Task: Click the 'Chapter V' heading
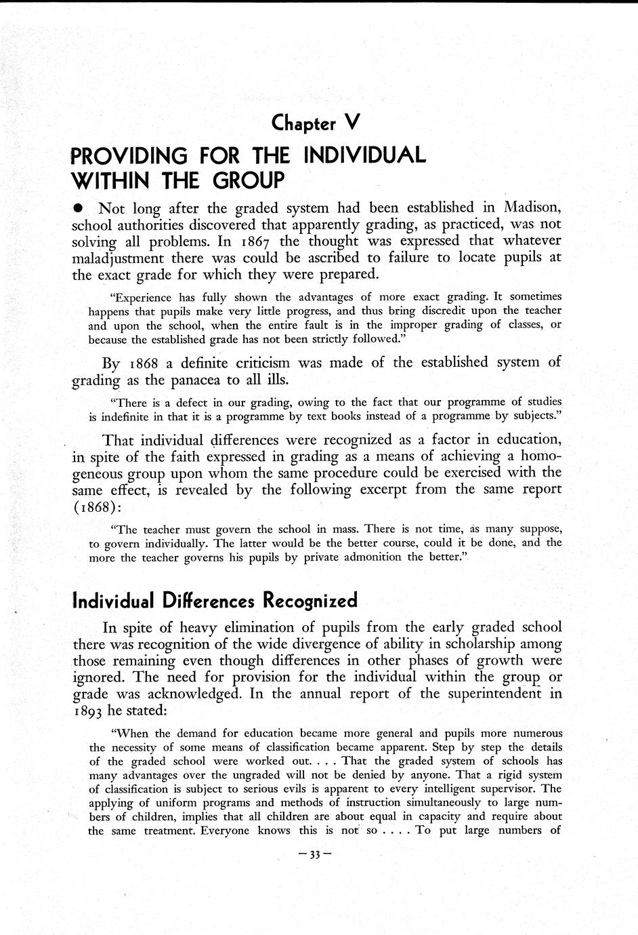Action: (314, 123)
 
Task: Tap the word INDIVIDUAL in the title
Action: (365, 156)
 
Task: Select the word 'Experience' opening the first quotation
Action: (141, 297)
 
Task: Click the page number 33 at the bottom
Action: (314, 855)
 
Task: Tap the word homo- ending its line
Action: (538, 455)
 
